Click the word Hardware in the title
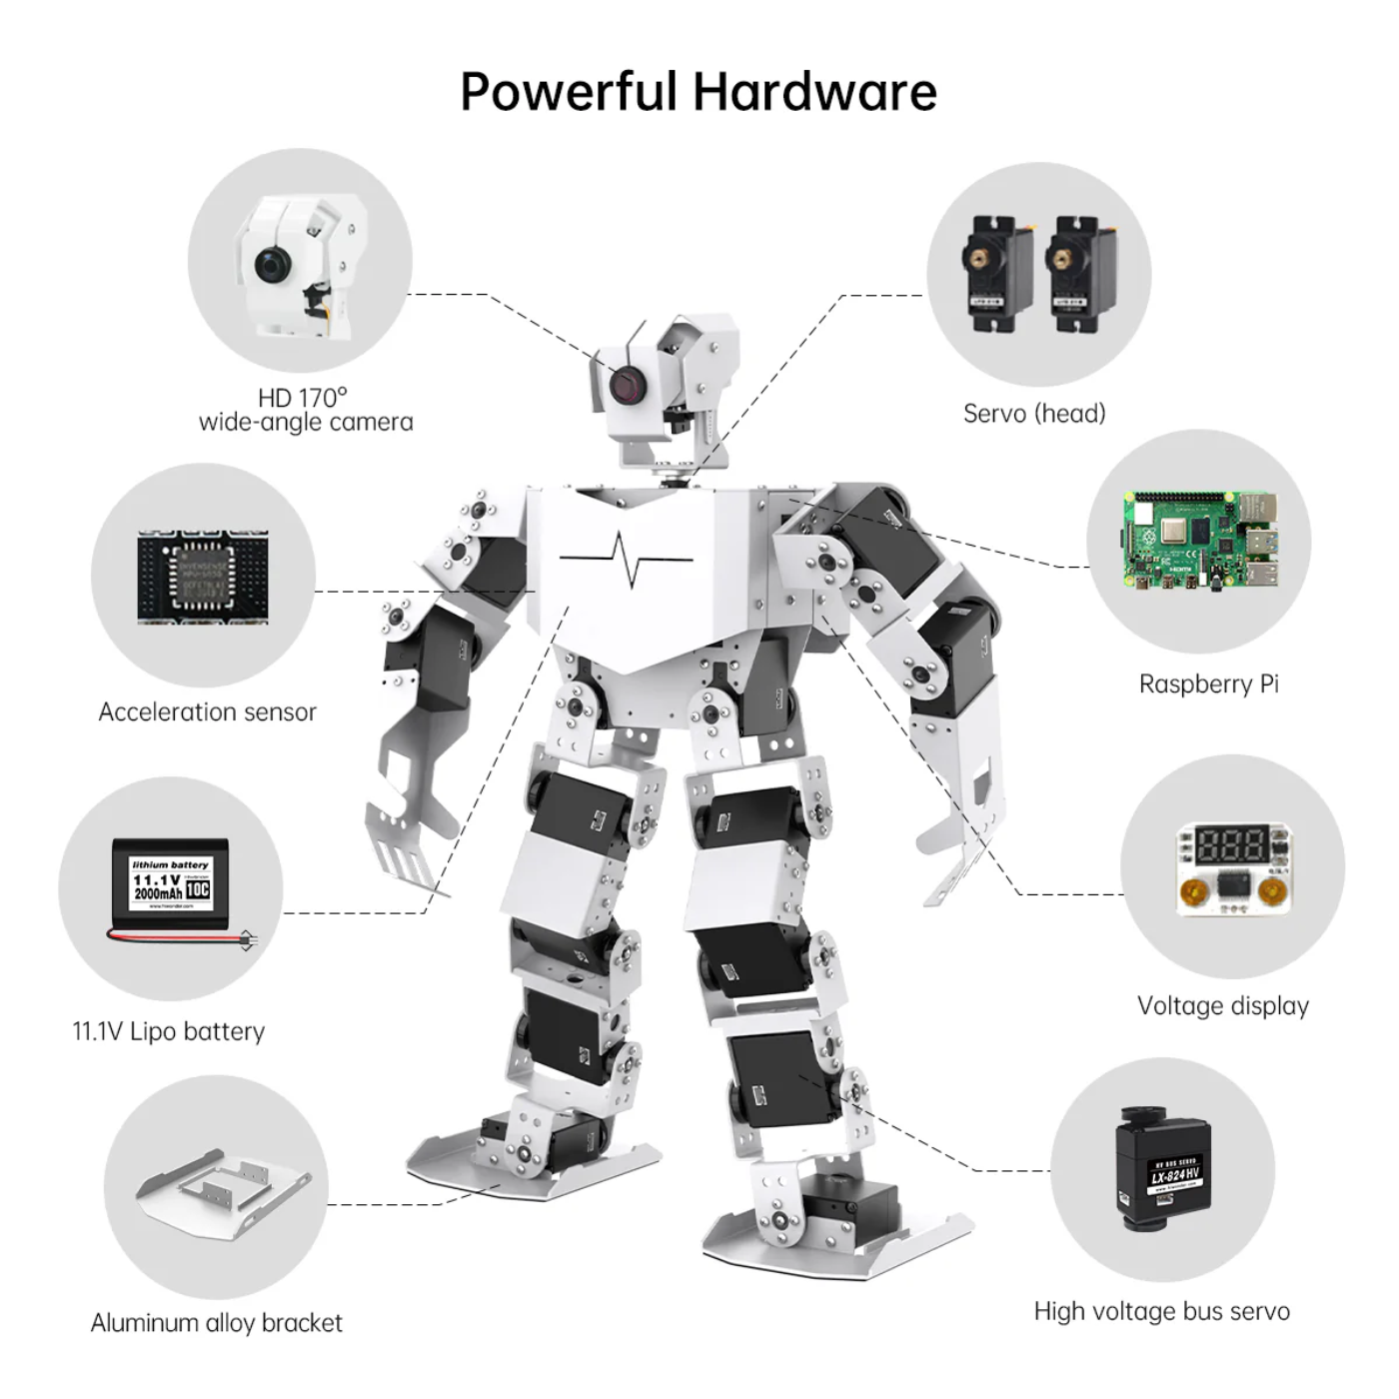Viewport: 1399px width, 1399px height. click(x=814, y=92)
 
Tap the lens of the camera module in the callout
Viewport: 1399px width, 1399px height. click(x=271, y=265)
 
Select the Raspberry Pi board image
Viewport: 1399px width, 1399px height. click(x=1199, y=543)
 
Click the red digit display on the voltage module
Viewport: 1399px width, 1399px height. click(x=1232, y=845)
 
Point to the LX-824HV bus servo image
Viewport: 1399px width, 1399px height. click(x=1163, y=1167)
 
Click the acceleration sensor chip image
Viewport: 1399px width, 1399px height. click(x=203, y=578)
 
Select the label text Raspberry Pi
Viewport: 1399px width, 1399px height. click(x=1208, y=685)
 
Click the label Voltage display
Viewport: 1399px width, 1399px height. click(x=1222, y=1006)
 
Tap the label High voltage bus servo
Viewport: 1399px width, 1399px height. click(x=1161, y=1311)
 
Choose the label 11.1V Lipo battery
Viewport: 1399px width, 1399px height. click(x=169, y=1031)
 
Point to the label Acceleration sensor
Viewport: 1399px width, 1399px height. click(x=207, y=712)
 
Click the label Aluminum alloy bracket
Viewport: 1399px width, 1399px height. click(x=216, y=1323)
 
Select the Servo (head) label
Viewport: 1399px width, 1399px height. click(x=1034, y=414)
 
